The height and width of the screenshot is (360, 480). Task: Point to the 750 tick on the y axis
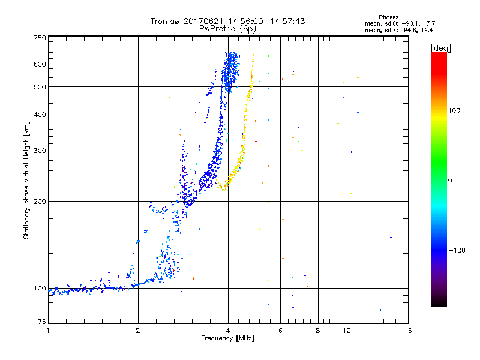[40, 38]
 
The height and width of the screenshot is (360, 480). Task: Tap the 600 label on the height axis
[40, 64]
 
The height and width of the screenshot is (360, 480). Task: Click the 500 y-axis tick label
[40, 86]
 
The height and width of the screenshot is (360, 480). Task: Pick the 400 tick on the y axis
[40, 115]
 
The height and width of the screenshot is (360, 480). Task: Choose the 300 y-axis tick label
[40, 151]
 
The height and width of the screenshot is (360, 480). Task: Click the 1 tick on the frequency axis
[48, 330]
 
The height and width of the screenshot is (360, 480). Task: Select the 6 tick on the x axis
[280, 330]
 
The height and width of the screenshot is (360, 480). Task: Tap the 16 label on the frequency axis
[407, 330]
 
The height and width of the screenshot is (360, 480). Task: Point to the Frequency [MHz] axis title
[227, 338]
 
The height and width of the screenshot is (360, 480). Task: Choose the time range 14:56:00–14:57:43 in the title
[262, 21]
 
